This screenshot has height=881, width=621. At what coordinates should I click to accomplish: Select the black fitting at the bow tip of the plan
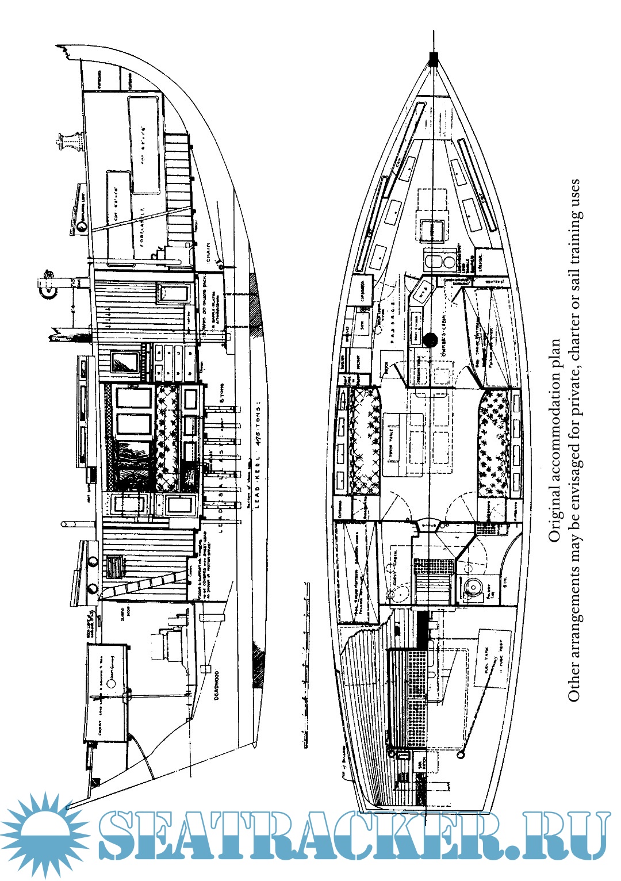pyautogui.click(x=432, y=58)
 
